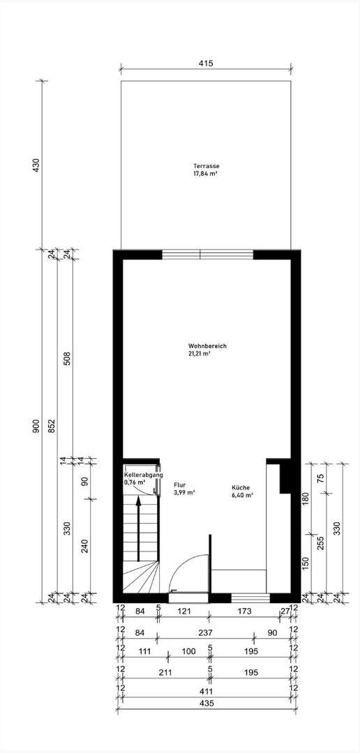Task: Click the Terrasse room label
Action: pos(207,166)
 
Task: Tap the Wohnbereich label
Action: pos(207,347)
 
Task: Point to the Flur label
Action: pos(179,484)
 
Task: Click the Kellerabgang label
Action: pos(143,475)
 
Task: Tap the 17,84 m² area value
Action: pos(206,174)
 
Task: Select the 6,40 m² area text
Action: pos(242,496)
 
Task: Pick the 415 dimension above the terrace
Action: pos(205,63)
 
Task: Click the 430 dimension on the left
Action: pos(36,165)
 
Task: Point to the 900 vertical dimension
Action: pos(36,426)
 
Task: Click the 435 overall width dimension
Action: pos(205,704)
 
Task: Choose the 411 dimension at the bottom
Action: pos(205,691)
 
